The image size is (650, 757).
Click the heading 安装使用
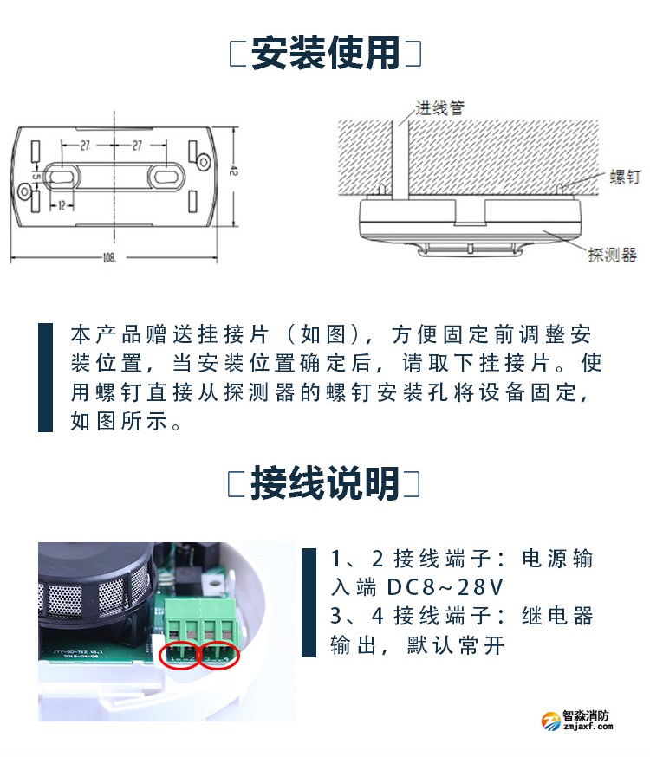[x=325, y=53]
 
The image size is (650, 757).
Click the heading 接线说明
[x=325, y=483]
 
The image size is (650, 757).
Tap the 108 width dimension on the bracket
[x=110, y=257]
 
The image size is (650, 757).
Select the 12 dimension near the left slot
[x=63, y=206]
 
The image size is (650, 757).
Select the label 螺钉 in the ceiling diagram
[x=624, y=177]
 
